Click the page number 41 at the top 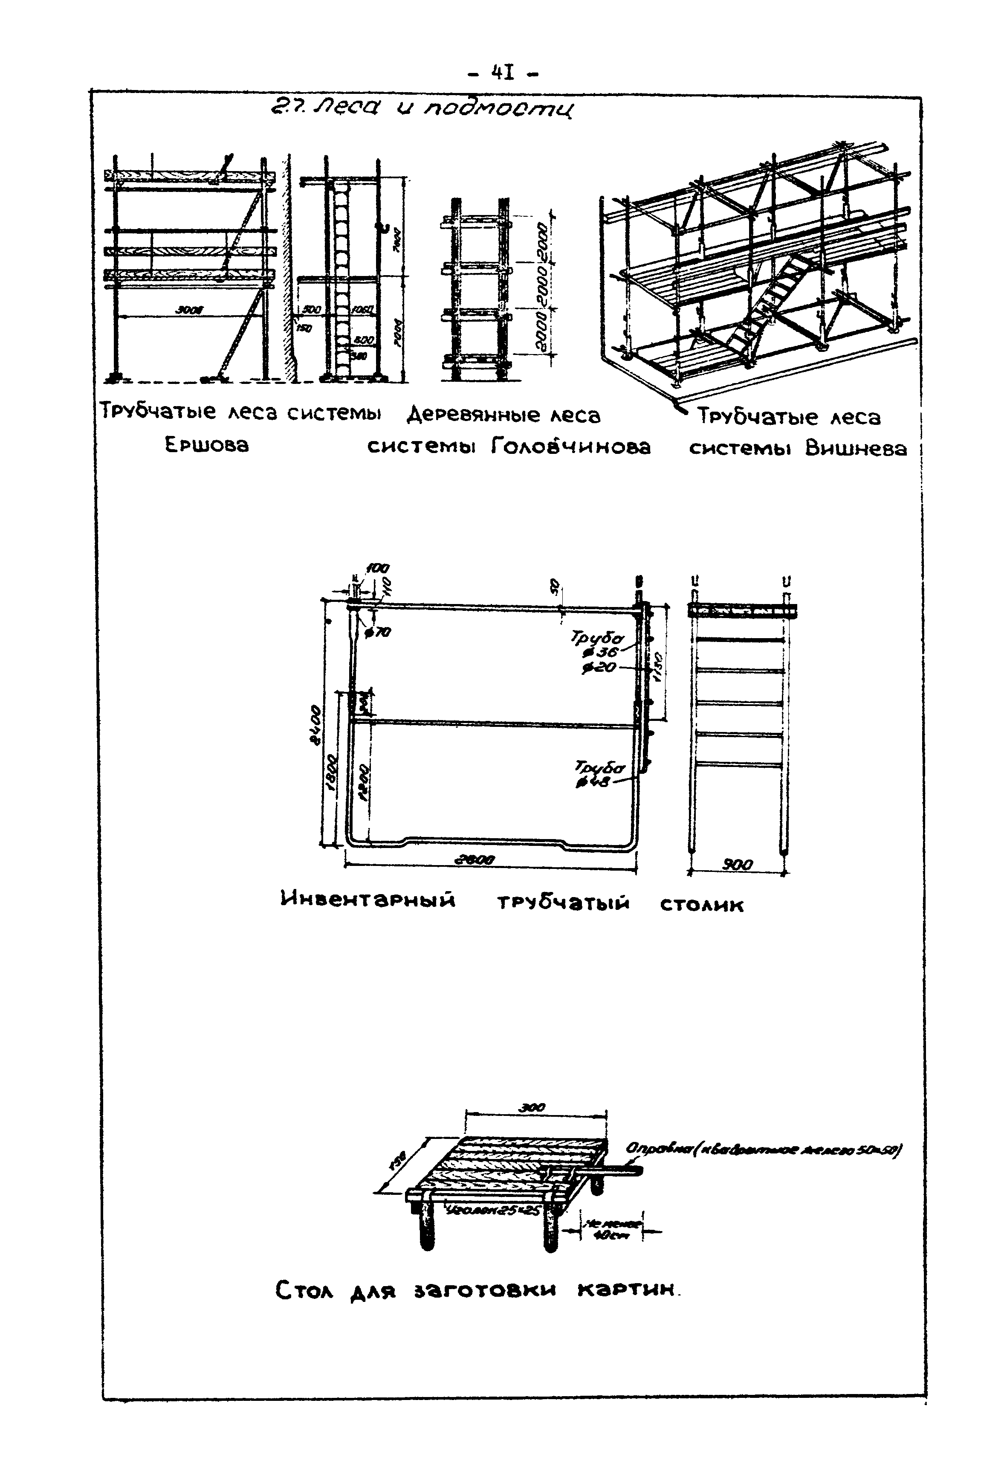tap(503, 74)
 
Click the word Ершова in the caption tap(207, 445)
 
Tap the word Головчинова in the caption tap(570, 447)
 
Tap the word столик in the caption tap(702, 905)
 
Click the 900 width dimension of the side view tap(737, 865)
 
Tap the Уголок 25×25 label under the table tap(492, 1210)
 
